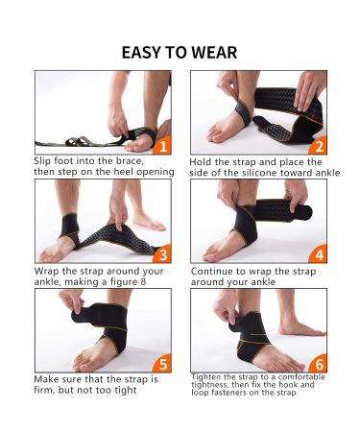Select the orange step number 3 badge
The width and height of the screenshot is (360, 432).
click(162, 254)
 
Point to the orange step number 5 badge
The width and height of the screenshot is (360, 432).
click(162, 364)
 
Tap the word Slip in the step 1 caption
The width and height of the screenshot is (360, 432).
click(44, 161)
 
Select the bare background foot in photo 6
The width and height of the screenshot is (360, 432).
click(300, 327)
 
